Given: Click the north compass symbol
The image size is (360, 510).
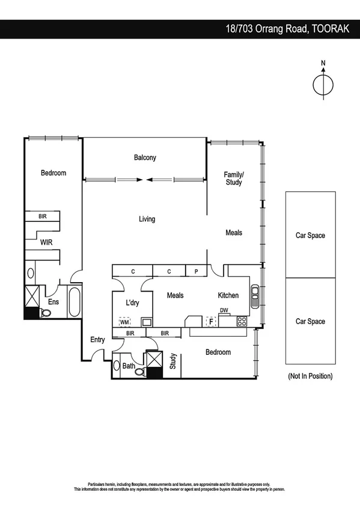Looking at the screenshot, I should [x=323, y=84].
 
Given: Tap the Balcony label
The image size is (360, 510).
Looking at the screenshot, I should [x=145, y=158].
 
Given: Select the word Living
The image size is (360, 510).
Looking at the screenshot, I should [x=147, y=220].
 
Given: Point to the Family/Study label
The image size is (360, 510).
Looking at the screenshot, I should [x=234, y=178].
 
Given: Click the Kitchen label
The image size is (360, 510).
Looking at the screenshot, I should [x=228, y=295].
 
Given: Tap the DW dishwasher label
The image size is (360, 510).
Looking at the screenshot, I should [x=224, y=311].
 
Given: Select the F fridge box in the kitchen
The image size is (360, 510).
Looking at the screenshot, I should [x=210, y=321].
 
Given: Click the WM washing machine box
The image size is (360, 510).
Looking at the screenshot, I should [x=124, y=321].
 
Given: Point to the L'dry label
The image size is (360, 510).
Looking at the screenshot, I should [x=132, y=303].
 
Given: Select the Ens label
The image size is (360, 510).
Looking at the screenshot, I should [x=53, y=302].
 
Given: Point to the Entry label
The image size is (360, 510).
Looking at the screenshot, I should [x=97, y=340].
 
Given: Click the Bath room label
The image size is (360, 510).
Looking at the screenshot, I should [x=129, y=365].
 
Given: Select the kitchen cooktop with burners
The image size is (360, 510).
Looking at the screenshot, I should [x=242, y=321].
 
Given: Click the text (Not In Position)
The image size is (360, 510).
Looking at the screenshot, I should [x=310, y=376].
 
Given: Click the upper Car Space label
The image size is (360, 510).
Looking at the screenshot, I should [x=310, y=235].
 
